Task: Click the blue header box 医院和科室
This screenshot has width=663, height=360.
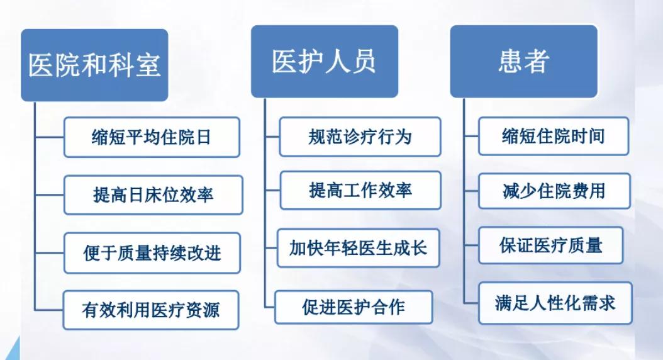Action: [x=94, y=65]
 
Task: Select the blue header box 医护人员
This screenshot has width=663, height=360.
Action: [x=324, y=62]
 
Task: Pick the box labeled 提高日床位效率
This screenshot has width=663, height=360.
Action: [x=153, y=194]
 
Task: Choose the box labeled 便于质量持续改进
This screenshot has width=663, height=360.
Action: [x=152, y=252]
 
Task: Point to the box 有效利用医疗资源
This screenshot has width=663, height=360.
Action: [x=151, y=310]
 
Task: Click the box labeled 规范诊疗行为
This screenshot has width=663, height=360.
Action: [x=360, y=137]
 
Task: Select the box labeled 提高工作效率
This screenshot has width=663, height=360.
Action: [x=360, y=190]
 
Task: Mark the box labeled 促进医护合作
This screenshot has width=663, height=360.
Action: [x=354, y=307]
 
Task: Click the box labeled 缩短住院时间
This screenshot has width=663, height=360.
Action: [x=553, y=136]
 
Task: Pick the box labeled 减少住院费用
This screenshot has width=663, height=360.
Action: [x=554, y=191]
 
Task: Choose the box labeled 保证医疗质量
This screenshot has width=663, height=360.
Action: [x=550, y=245]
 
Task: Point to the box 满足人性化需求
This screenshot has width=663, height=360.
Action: [x=555, y=303]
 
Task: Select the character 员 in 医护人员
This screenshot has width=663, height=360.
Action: [x=363, y=62]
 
